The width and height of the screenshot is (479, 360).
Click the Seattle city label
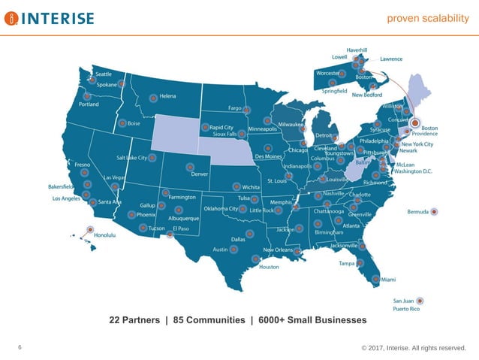tap(104, 74)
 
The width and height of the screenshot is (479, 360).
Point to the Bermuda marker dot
tap(435, 212)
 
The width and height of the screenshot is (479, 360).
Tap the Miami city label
tap(388, 280)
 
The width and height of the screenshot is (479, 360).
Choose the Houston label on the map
tap(269, 267)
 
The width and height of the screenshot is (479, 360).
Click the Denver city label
tap(199, 174)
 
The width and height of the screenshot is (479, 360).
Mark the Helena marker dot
tap(153, 97)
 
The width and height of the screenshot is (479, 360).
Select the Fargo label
tap(234, 108)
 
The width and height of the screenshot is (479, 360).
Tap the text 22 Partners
tap(135, 320)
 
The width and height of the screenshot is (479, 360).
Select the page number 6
tap(20, 346)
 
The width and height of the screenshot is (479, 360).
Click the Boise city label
tap(135, 123)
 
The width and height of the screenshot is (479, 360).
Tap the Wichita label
tap(251, 186)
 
